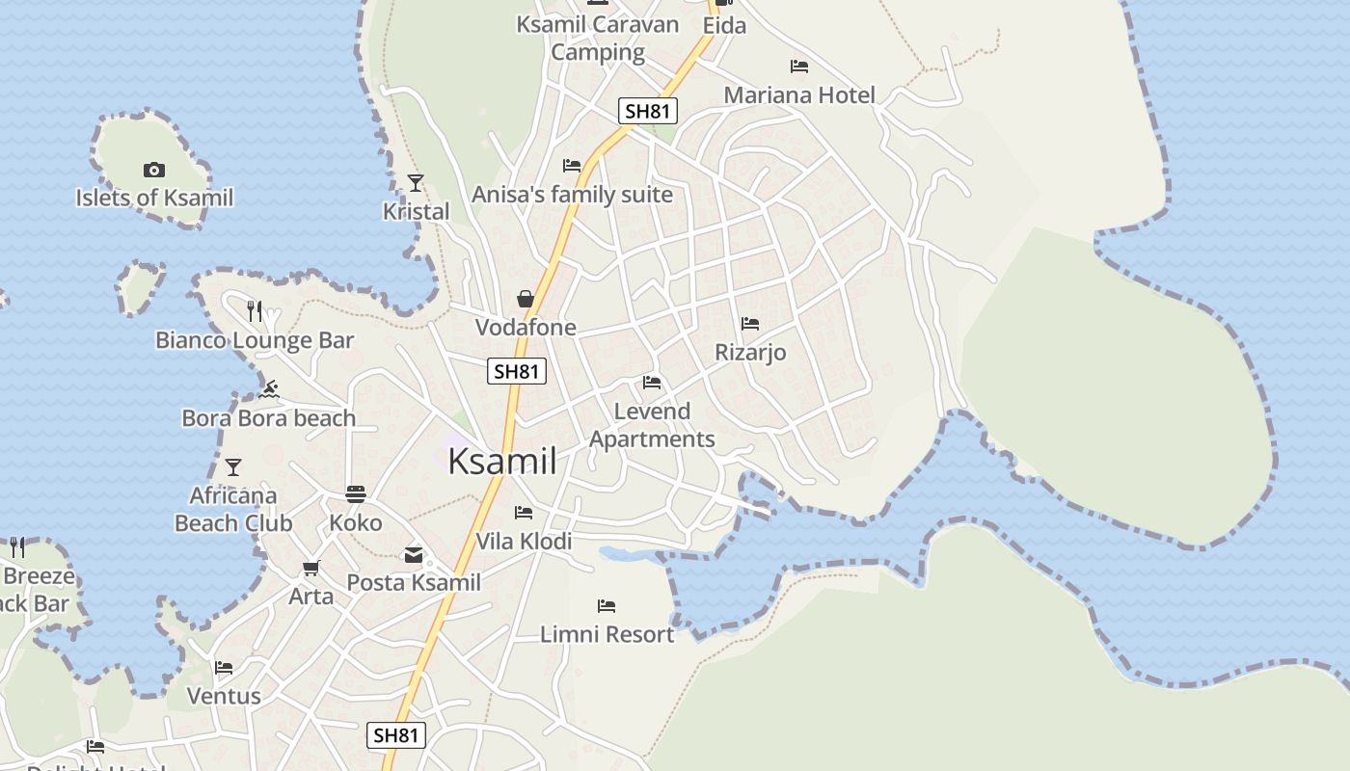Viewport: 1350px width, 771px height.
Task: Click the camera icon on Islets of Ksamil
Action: [153, 171]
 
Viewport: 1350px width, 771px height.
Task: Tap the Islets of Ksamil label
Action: [154, 199]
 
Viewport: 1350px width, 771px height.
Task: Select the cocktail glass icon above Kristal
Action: [416, 182]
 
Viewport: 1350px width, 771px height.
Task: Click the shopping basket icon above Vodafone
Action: [526, 299]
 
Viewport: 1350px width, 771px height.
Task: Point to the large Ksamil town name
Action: [502, 462]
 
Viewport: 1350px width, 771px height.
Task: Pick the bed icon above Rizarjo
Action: [750, 324]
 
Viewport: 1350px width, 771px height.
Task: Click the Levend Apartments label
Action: [653, 425]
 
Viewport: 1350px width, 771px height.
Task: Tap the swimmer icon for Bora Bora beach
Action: [269, 389]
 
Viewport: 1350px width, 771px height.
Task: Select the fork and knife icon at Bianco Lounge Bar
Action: [255, 310]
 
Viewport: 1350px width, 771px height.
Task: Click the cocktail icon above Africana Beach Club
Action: [233, 467]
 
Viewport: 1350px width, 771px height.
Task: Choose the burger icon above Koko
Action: [356, 494]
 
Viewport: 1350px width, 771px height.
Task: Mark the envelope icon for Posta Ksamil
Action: [414, 554]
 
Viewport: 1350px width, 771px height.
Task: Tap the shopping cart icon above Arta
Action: [310, 568]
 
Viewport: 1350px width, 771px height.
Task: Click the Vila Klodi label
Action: [524, 542]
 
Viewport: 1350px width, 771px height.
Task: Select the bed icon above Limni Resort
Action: [606, 606]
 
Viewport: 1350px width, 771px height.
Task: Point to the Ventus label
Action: [224, 696]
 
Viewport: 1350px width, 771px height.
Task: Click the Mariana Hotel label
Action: [799, 95]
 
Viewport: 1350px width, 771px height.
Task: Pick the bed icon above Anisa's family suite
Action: [572, 166]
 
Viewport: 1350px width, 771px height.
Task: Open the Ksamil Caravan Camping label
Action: [598, 38]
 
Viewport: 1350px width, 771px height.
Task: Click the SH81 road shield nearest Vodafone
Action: [517, 371]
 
